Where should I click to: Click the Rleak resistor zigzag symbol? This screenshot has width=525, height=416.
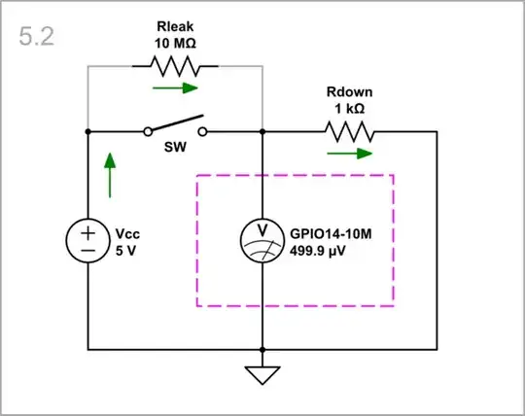tap(175, 66)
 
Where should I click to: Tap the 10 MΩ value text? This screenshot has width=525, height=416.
tap(175, 44)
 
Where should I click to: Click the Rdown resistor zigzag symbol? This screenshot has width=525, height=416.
tap(350, 130)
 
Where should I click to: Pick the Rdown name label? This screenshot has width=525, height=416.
tap(350, 93)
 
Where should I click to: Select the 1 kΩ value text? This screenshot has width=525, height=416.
tap(350, 110)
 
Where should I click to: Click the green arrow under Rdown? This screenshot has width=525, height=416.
tap(350, 153)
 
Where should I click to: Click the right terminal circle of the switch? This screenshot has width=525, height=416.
tap(202, 130)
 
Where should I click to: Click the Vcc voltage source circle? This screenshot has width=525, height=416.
tap(87, 241)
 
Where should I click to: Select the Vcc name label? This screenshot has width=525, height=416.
tap(127, 234)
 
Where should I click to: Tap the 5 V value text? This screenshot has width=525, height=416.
tap(125, 250)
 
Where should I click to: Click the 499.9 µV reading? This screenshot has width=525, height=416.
tap(319, 250)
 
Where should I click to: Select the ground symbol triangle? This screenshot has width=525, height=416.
tap(262, 375)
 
